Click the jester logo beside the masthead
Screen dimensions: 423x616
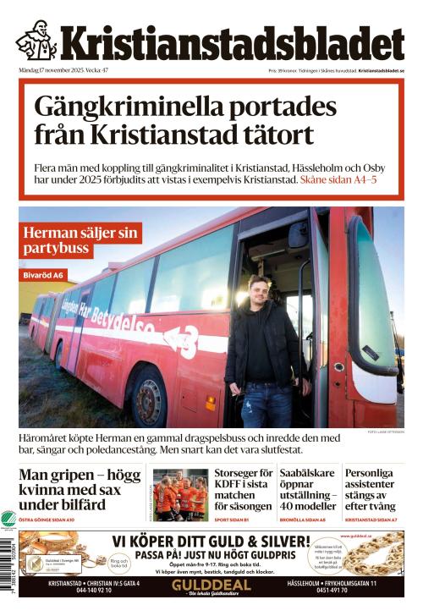click(36, 40)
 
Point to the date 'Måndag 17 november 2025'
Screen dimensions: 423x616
click(51, 70)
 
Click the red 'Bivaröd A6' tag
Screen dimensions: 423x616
click(43, 275)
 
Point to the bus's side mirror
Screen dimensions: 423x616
click(299, 236)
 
